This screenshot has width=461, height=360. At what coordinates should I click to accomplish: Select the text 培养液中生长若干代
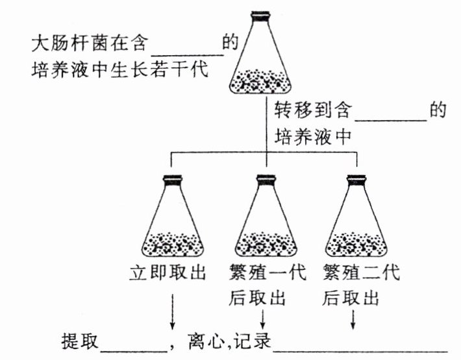[x=120, y=69]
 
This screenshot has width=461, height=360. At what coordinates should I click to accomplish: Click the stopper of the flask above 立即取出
[x=173, y=180]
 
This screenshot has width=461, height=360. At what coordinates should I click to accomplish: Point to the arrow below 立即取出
[x=173, y=311]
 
